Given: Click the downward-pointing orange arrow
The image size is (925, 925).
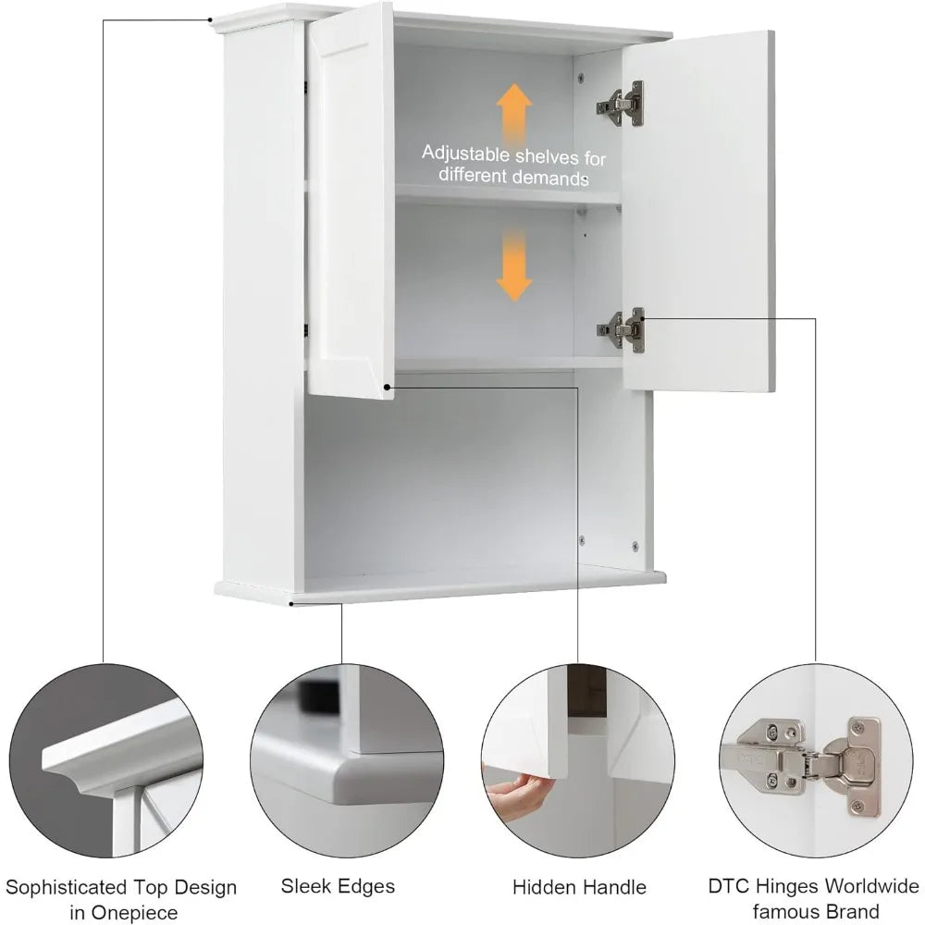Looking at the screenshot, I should click(x=514, y=265).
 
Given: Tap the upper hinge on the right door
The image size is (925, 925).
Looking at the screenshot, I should click(x=622, y=104).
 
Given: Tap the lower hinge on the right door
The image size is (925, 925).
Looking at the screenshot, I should click(x=623, y=328).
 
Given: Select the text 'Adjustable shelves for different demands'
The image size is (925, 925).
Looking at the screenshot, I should click(x=513, y=165).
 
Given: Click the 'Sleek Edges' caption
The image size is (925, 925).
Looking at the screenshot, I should click(x=337, y=886).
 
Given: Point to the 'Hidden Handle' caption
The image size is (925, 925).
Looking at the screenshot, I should click(x=579, y=887).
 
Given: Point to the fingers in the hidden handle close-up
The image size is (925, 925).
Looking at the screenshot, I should click(x=523, y=792).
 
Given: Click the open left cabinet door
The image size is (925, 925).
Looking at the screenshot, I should click(x=351, y=199).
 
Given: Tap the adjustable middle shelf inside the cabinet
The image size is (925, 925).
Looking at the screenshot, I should click(x=507, y=195).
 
